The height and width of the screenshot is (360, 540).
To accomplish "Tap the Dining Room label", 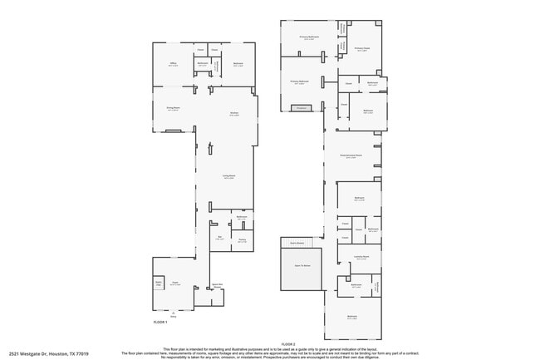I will [x=173, y=109].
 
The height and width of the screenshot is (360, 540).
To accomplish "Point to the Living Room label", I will [x=228, y=176].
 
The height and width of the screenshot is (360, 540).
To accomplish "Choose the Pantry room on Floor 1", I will [x=242, y=241].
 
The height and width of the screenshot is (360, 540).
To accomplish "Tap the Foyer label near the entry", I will [x=175, y=284].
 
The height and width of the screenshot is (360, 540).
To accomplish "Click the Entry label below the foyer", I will [x=174, y=316].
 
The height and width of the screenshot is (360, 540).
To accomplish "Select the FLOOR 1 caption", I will [x=160, y=322].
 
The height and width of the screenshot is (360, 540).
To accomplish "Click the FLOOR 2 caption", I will [x=288, y=343].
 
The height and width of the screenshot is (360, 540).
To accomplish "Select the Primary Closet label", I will [x=361, y=49].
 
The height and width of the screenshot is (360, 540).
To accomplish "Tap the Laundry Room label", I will [x=361, y=259].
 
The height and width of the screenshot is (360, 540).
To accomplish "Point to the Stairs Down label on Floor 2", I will [x=295, y=243].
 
